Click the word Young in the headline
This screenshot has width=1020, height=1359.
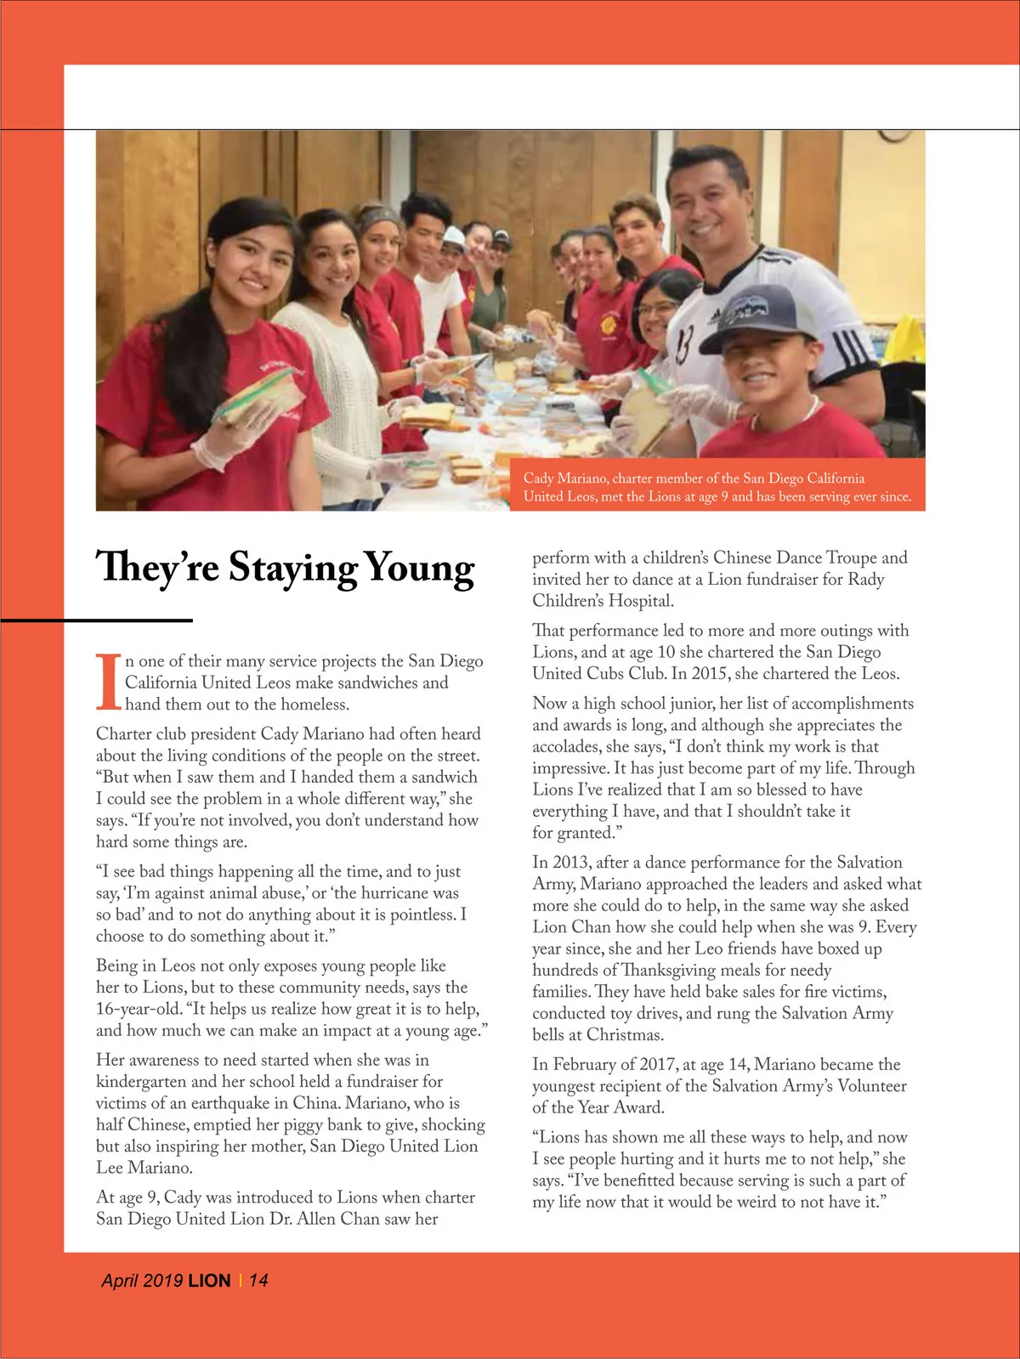[419, 569]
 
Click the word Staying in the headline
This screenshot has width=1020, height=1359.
[292, 569]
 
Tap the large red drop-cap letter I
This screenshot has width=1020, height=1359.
[108, 681]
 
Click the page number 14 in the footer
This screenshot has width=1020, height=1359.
[258, 1280]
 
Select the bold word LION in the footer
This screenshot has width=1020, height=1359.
[209, 1280]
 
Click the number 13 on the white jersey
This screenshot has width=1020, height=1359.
[685, 341]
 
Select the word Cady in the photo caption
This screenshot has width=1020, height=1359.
[539, 478]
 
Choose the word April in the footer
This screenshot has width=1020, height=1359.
[119, 1280]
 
